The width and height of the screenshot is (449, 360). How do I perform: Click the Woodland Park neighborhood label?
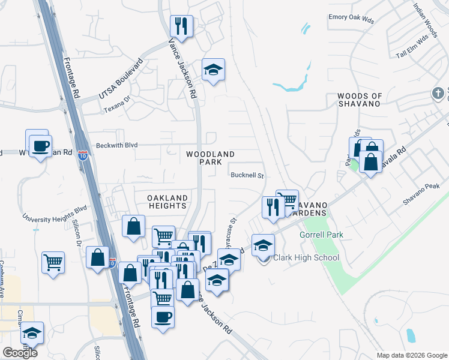210,158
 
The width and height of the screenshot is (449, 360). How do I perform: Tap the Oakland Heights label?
167,202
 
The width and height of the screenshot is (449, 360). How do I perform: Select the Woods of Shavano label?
360,100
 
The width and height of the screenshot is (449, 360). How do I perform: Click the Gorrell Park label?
322,235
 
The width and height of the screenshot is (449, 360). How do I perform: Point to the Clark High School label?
306,258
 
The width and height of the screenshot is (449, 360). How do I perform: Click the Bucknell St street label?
248,175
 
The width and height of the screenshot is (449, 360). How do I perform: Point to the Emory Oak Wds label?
351,19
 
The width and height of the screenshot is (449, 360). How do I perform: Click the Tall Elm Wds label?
412,37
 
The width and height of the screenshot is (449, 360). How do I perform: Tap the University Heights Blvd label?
55,214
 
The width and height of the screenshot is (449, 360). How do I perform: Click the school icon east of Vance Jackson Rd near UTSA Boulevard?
213,70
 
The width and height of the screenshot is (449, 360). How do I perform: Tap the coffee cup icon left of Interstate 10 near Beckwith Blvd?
40,145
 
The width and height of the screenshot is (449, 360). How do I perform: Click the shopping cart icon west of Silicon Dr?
53,262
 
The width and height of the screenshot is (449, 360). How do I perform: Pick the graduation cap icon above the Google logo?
32,333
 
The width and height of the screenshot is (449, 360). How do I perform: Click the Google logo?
20,353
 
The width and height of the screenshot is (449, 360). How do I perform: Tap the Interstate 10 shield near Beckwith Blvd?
83,155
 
